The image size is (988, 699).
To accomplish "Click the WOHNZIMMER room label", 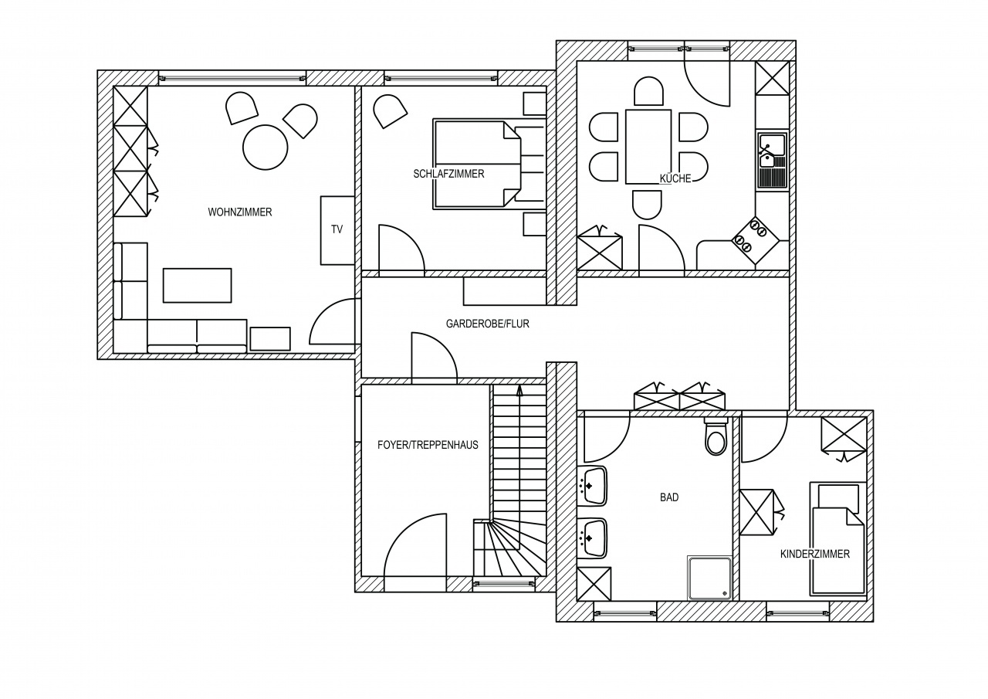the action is coord(240,212).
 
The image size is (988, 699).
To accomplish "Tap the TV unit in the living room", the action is coord(337,230).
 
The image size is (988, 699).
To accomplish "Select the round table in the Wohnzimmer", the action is coord(265,147).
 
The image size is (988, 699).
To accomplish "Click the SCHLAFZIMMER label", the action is coord(448,174).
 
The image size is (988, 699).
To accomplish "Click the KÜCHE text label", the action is coord(675,178).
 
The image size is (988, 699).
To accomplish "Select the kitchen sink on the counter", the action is coord(773,159).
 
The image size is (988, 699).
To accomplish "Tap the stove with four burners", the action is coord(755,240).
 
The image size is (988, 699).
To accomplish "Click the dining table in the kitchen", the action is coord(648,147).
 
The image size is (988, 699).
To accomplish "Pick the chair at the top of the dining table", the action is coord(648,91).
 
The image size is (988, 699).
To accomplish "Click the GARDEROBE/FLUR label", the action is coord(487,324).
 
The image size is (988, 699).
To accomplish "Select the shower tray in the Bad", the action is coord(709,578).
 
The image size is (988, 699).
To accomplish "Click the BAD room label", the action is coord(669,497).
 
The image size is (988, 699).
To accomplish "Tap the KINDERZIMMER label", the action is coord(815,554).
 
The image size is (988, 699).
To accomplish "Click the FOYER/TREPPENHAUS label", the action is coord(428,445).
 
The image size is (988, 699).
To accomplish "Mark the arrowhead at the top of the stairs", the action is coord(519,389).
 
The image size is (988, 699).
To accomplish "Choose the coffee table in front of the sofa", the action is coord(197,286).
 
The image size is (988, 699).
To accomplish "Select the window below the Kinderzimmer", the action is coord(798,612).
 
